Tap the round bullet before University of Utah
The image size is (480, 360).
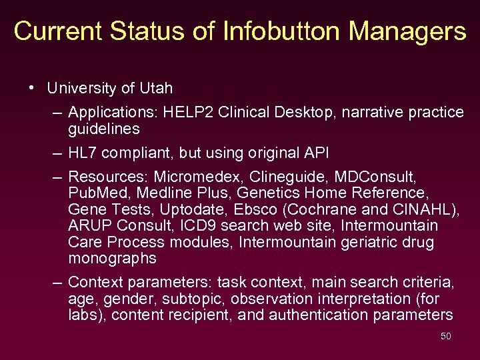[31, 88]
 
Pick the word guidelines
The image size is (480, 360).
[104, 129]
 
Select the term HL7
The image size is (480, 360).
[83, 153]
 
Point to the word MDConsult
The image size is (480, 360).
[379, 177]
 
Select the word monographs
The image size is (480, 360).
[112, 258]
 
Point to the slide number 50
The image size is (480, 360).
[446, 336]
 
